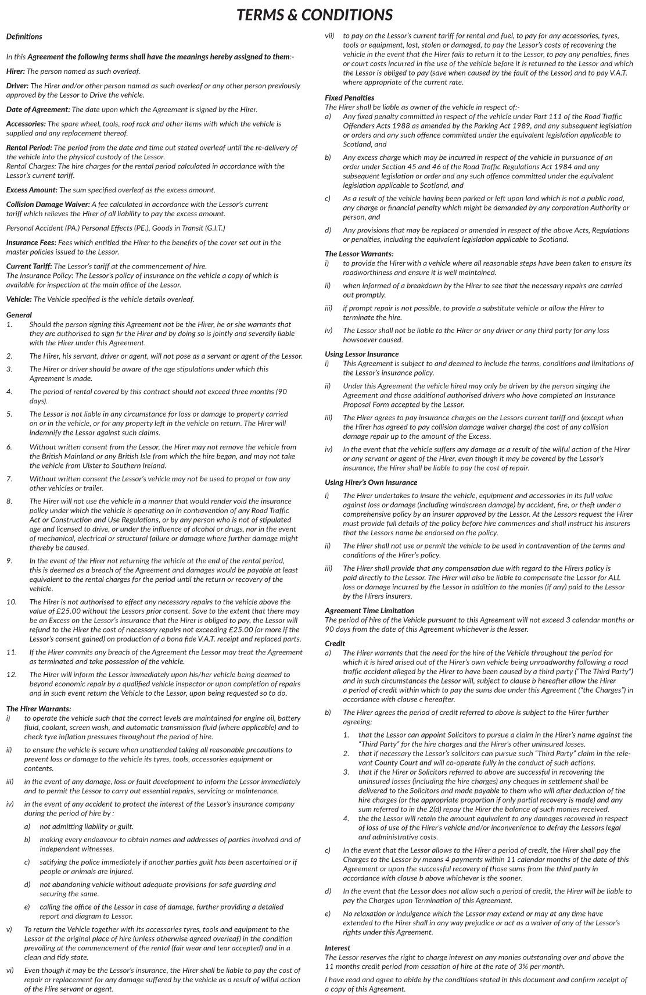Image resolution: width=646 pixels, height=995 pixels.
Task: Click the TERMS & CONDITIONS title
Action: [314, 15]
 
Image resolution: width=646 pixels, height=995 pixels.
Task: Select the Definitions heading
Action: [24, 37]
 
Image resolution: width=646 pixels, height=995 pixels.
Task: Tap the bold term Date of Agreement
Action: [38, 109]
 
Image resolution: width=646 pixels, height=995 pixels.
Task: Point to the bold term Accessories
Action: [26, 124]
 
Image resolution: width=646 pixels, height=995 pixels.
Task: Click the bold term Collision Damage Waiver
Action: [48, 205]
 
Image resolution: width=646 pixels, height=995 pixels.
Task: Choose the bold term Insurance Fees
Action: [31, 242]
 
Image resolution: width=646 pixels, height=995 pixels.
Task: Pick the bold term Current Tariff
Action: [28, 266]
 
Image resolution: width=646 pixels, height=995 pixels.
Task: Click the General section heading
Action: [19, 315]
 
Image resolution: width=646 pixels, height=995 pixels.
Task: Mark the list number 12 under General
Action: [11, 675]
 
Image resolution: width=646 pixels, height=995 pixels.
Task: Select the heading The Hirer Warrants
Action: [38, 708]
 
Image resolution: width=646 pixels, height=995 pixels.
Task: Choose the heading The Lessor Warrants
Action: [358, 254]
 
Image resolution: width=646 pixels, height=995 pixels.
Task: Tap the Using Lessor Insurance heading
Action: [361, 354]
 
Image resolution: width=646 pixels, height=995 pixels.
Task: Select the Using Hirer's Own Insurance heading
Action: [371, 482]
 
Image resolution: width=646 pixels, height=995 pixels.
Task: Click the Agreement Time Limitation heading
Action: [369, 610]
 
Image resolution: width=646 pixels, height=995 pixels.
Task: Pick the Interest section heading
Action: [338, 947]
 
